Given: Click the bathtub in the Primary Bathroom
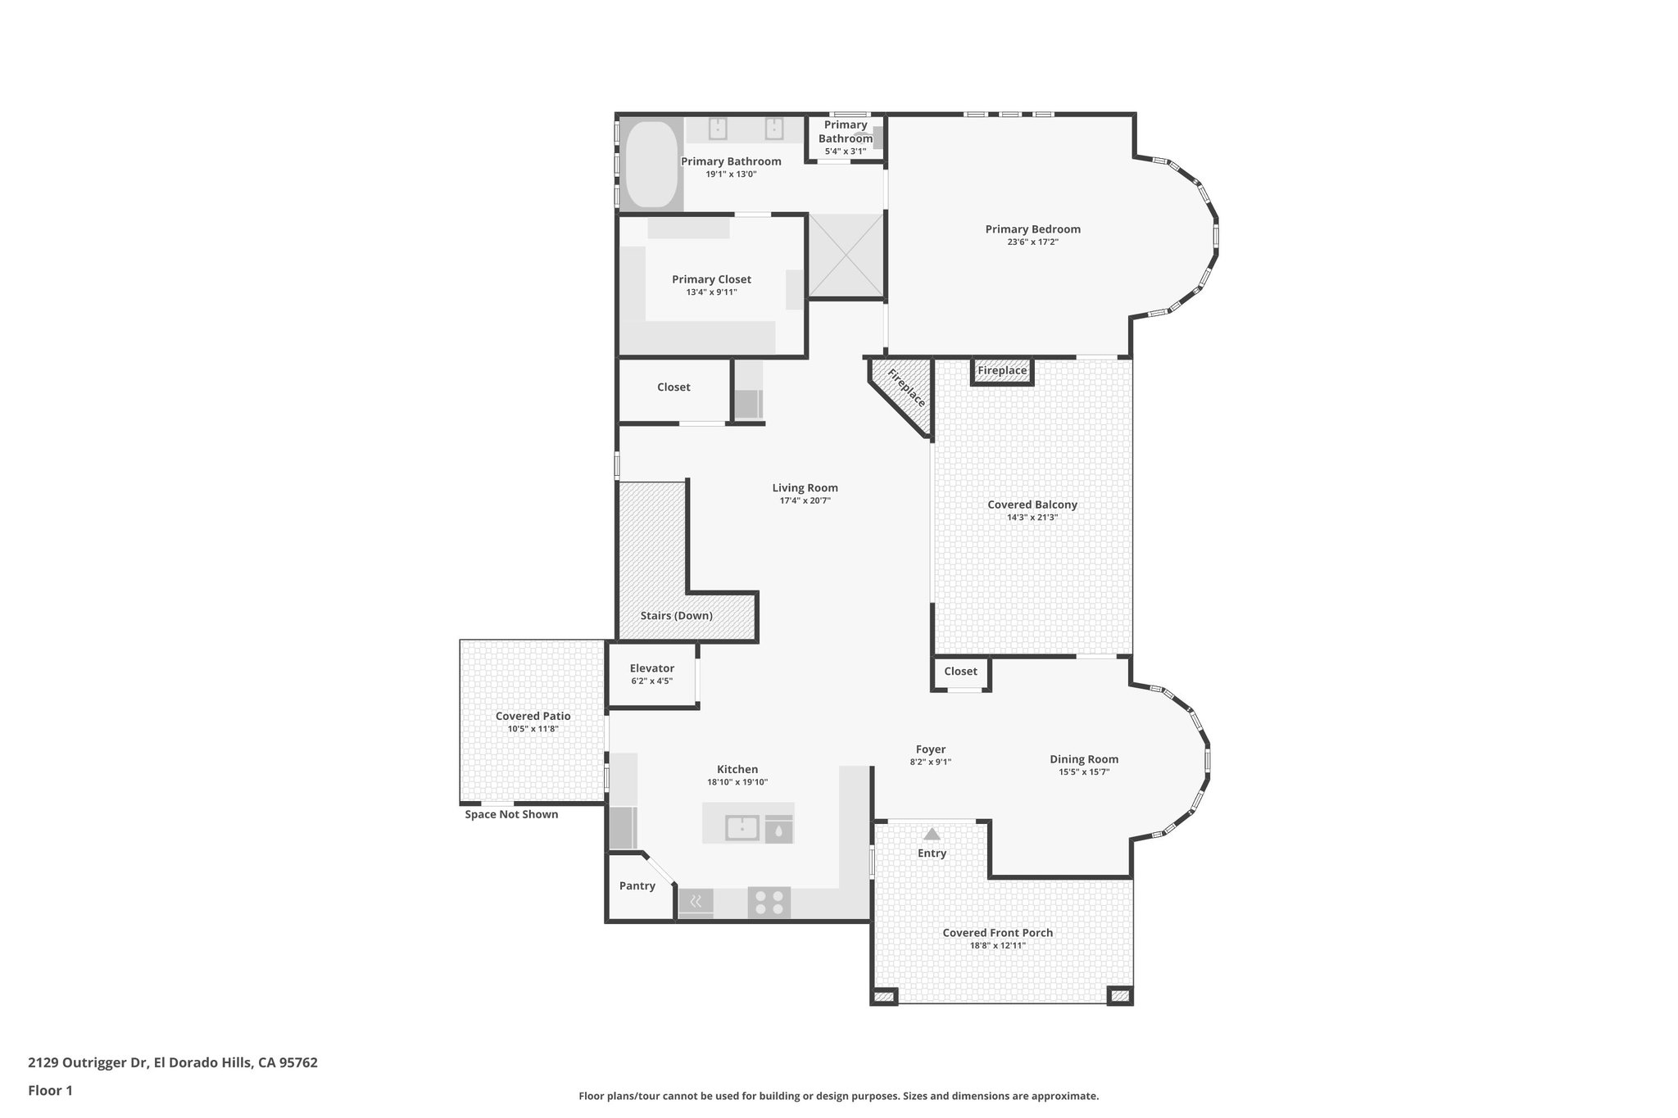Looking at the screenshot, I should coord(652,164).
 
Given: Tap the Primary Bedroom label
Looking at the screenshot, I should coord(1032,229).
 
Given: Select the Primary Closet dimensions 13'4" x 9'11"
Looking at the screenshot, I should coord(711,292).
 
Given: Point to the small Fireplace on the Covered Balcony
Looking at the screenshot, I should coord(1001,371).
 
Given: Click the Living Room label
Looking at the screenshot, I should coord(805,488).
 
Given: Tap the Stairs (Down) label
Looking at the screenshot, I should coord(676,616).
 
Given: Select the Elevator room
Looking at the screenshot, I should coord(651,674).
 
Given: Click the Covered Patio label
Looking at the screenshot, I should coord(533,717).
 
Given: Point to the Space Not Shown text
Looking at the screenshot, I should coord(511,815).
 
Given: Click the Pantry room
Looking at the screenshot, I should coord(637,886).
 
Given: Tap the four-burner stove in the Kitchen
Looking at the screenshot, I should coord(769,903).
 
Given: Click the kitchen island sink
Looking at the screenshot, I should coord(742,829).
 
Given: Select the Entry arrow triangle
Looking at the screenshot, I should coord(932,835).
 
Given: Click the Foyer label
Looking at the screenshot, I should coord(930,749).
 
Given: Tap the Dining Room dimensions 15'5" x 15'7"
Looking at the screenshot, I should coord(1083,772).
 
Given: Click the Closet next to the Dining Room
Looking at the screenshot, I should coord(960,672).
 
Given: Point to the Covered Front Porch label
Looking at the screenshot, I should coord(997,933).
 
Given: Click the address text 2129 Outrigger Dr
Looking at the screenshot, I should coord(88,1063).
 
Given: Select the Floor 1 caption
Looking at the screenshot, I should coord(51,1091).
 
